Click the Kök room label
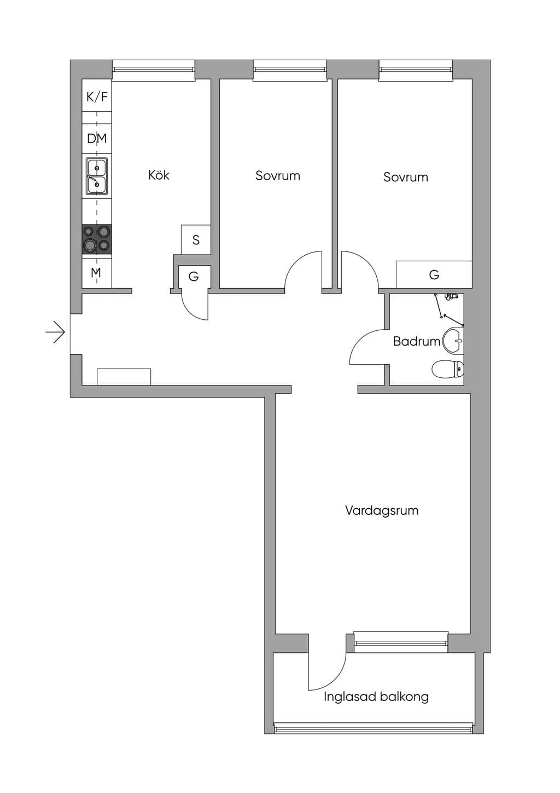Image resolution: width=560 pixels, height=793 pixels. point(159,175)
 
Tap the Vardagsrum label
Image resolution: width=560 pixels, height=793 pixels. point(382,511)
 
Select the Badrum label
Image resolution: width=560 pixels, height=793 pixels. point(417,341)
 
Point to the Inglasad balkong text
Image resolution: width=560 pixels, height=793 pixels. point(376,697)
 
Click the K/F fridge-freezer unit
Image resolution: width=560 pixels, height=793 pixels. point(97,96)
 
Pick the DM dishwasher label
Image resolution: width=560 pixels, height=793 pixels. point(97,139)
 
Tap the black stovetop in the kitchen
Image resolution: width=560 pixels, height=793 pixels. point(97,239)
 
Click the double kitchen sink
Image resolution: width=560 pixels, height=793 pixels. point(97,176)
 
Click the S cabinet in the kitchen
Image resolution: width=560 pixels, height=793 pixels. point(196,240)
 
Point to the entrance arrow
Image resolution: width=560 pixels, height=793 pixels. point(55,332)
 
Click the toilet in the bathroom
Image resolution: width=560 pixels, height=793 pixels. point(447,369)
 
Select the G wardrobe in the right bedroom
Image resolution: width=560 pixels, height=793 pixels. point(434,274)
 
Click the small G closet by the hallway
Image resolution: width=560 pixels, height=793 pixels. point(194,277)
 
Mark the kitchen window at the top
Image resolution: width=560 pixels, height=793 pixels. point(154,71)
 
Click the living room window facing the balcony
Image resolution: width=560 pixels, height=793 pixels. point(401,641)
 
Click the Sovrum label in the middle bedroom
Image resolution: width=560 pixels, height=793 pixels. point(277,176)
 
